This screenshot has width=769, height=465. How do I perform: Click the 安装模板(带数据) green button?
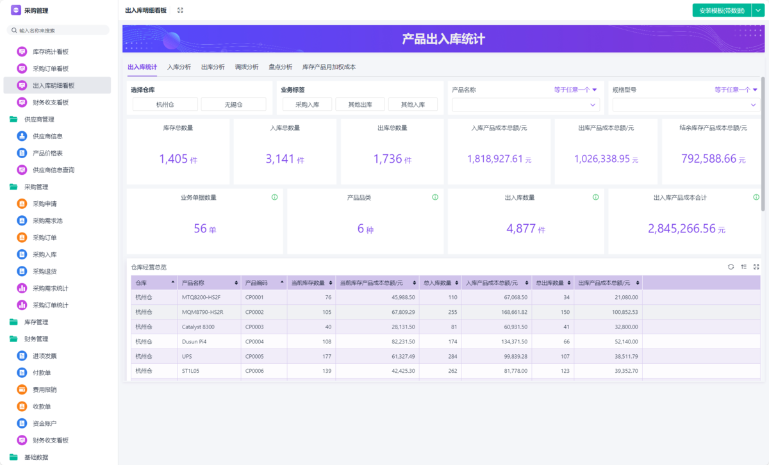[x=721, y=10]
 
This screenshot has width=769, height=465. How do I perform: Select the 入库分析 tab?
[x=179, y=67]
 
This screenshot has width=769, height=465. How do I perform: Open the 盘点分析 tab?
[x=280, y=67]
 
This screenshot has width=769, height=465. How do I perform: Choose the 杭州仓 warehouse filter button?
[x=165, y=104]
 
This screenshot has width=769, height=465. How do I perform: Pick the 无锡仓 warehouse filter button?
[x=233, y=104]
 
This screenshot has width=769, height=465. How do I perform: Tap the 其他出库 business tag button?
[x=360, y=104]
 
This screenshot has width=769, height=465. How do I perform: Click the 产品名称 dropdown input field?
[x=524, y=104]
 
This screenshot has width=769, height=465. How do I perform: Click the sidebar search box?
[x=58, y=30]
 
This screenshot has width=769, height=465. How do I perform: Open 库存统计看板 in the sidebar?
[x=51, y=51]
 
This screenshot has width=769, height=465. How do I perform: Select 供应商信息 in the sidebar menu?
[x=47, y=136]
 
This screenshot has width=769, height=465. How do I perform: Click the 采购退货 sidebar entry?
[x=45, y=271]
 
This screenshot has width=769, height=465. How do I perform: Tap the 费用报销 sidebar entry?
[x=45, y=389]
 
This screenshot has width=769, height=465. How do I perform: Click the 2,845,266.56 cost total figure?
[x=681, y=229]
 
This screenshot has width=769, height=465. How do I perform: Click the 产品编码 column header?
[x=256, y=282]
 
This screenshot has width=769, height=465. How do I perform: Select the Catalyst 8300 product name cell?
[x=198, y=327]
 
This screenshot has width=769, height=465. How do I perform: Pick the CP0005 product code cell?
[x=254, y=356]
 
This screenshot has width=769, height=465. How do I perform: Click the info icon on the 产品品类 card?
[x=434, y=197]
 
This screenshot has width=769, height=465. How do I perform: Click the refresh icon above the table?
[x=731, y=266]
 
